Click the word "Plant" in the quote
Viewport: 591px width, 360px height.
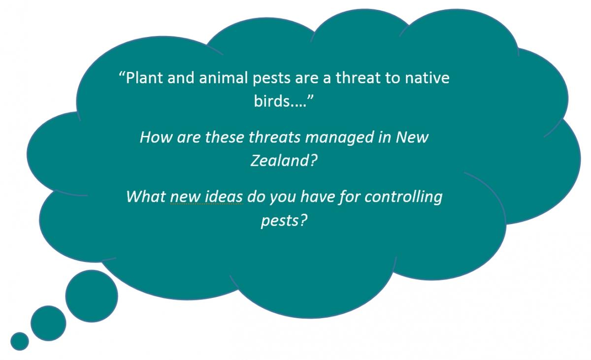[x=144, y=78]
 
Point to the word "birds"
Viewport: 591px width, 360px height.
[x=272, y=101]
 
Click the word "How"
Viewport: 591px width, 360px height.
[x=156, y=137]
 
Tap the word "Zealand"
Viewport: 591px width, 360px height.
[x=280, y=160]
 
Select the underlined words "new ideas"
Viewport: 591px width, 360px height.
[x=206, y=197]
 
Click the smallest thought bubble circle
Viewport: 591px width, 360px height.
[x=20, y=341]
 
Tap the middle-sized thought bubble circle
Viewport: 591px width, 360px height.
[x=48, y=324]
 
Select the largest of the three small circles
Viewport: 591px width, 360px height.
[x=92, y=296]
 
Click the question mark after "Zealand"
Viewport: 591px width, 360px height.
[x=313, y=160]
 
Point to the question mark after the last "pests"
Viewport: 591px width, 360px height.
[x=303, y=220]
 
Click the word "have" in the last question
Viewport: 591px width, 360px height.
[x=318, y=197]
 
